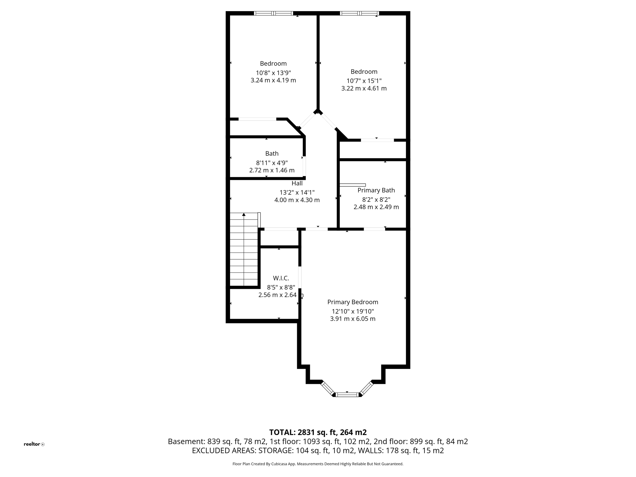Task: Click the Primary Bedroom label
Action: pyautogui.click(x=352, y=302)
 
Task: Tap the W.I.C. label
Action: pyautogui.click(x=281, y=278)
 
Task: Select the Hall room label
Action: pyautogui.click(x=297, y=184)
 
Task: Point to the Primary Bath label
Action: pyautogui.click(x=376, y=190)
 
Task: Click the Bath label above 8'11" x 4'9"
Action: pyautogui.click(x=272, y=153)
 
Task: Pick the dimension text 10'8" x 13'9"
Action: pyautogui.click(x=273, y=73)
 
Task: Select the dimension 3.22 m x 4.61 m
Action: pyautogui.click(x=364, y=89)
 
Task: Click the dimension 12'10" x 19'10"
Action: pyautogui.click(x=353, y=311)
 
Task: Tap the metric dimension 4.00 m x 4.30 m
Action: pyautogui.click(x=297, y=200)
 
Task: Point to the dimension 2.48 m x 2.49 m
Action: pyautogui.click(x=376, y=207)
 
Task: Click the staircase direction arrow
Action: pyautogui.click(x=244, y=215)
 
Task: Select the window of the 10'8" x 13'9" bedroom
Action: pyautogui.click(x=273, y=13)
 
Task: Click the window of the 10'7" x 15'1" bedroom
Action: pyautogui.click(x=359, y=13)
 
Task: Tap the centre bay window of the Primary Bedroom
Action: pyautogui.click(x=347, y=395)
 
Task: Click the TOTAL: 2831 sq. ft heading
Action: pyautogui.click(x=318, y=432)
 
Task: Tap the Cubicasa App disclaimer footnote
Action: pyautogui.click(x=318, y=464)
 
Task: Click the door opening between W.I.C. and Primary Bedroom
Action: pyautogui.click(x=300, y=277)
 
